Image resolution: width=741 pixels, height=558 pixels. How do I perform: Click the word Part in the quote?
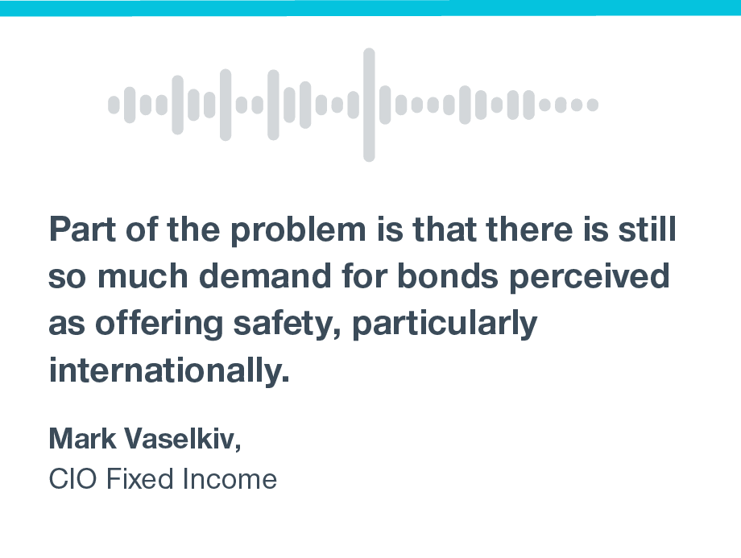pos(82,229)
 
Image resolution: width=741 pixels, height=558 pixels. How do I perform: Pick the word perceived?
pos(590,277)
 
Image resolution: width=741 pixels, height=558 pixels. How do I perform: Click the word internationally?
pos(169,370)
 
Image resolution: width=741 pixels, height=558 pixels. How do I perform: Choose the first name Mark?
pos(82,438)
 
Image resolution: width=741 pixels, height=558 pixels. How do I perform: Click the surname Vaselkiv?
pos(182,439)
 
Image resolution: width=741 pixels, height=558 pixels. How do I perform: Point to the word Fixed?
pos(140,478)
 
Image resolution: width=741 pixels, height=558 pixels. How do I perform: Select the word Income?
pos(230,478)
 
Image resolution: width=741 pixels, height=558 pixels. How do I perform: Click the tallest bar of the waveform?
pos(369,105)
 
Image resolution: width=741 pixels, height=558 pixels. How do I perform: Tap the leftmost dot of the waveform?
pos(114,105)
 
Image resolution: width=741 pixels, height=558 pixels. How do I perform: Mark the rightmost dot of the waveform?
pos(593,105)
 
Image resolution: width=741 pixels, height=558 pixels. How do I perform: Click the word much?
pos(143,275)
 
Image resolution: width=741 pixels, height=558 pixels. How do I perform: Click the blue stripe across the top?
pos(370,8)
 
